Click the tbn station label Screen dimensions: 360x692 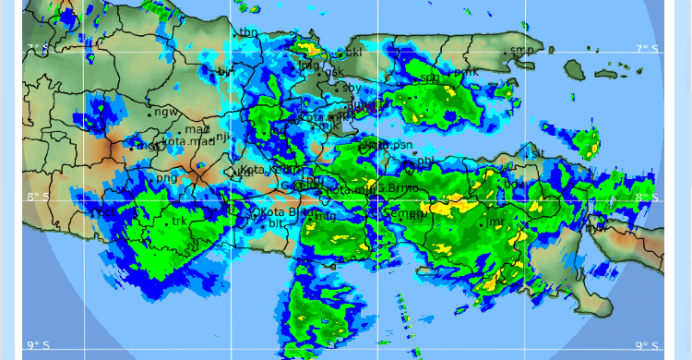pos(248,33)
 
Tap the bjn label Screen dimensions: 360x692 pos(226,71)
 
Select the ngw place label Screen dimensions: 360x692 pos(166,113)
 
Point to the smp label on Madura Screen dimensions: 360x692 pos(521,50)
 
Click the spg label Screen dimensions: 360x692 pos(430,78)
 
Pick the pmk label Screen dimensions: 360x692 pos(469,70)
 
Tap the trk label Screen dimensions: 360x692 pos(179,222)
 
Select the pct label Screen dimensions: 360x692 pos(108,212)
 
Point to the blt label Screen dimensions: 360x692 pos(276,224)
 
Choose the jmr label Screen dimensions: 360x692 pos(495,222)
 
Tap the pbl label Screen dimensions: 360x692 pos(425,162)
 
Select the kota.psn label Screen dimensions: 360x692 pos(388,146)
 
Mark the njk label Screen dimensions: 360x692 pos(222,137)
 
